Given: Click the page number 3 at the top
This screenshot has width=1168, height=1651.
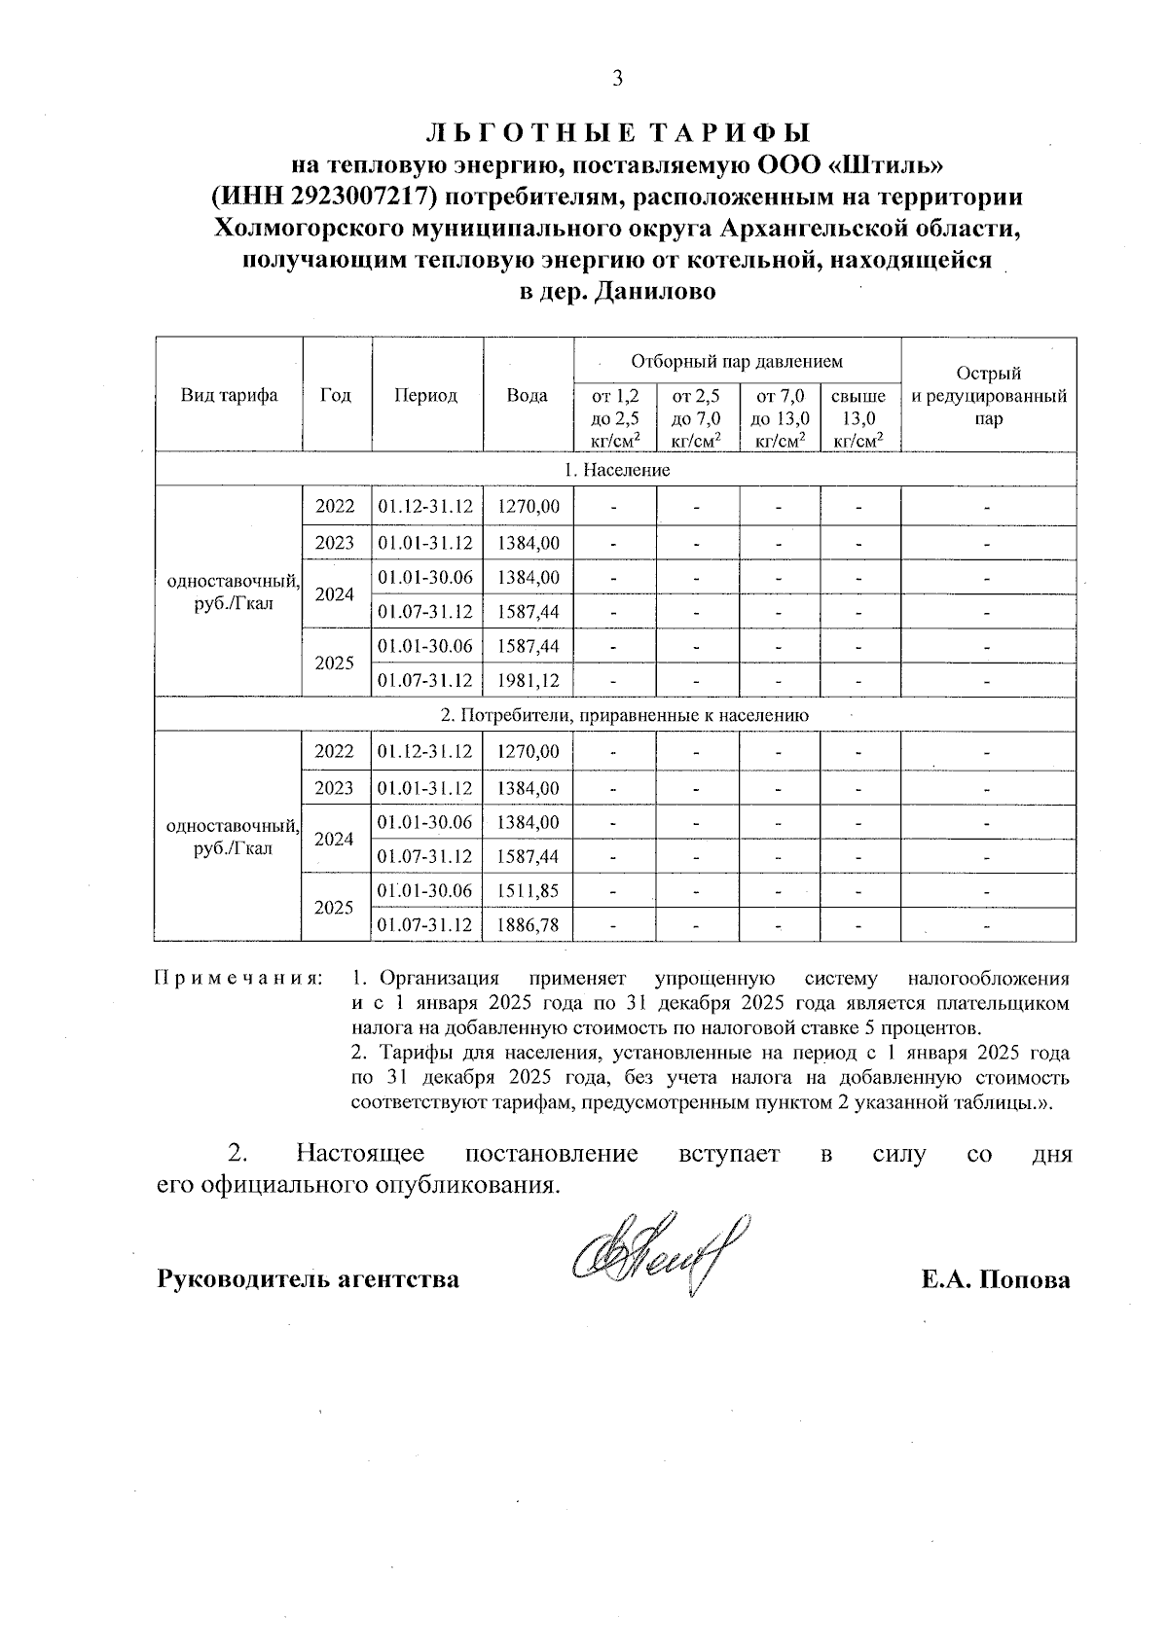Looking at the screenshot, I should pyautogui.click(x=616, y=80).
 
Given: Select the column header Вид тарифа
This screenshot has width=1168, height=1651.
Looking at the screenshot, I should pyautogui.click(x=229, y=395).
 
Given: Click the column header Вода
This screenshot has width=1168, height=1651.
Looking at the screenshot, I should pyautogui.click(x=527, y=395).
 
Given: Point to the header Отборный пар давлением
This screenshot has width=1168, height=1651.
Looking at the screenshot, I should pyautogui.click(x=736, y=362).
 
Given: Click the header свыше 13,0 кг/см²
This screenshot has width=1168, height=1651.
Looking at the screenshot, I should pyautogui.click(x=859, y=418).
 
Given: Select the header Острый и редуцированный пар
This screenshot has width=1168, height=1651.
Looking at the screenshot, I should pyautogui.click(x=988, y=396).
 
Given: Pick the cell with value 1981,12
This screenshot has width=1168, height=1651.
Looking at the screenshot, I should pyautogui.click(x=528, y=680).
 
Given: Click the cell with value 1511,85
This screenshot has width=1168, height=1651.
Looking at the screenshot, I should pyautogui.click(x=528, y=890).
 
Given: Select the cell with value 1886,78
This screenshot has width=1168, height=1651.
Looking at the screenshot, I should pyautogui.click(x=528, y=924).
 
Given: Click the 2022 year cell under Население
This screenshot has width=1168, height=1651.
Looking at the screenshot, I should pyautogui.click(x=335, y=507).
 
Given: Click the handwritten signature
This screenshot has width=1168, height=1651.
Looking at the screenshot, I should pyautogui.click(x=662, y=1255).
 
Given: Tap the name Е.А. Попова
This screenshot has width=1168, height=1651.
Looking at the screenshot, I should pyautogui.click(x=996, y=1279).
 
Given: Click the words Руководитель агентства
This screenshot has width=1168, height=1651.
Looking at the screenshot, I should pyautogui.click(x=309, y=1279).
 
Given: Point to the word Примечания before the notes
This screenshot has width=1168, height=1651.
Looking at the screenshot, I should pyautogui.click(x=238, y=979).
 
